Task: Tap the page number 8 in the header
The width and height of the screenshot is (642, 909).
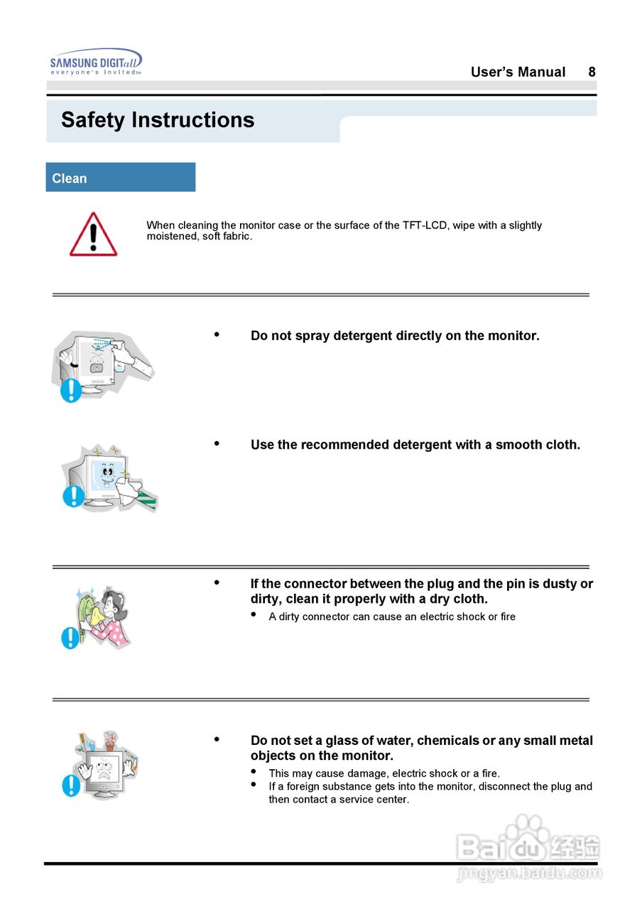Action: (592, 72)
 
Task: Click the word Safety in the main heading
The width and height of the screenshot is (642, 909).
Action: (93, 120)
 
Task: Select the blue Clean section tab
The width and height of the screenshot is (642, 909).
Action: (120, 178)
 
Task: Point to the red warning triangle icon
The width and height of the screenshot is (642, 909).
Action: (93, 234)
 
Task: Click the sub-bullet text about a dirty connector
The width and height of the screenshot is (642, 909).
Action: (392, 616)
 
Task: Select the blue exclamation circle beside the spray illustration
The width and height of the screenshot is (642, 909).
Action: (70, 390)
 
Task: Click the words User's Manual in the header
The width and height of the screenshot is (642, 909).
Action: (518, 72)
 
